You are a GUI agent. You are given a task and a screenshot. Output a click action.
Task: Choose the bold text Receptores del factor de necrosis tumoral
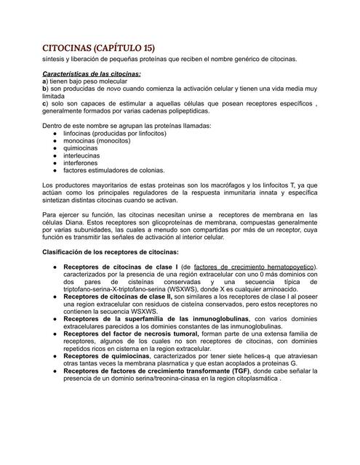click(134, 334)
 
